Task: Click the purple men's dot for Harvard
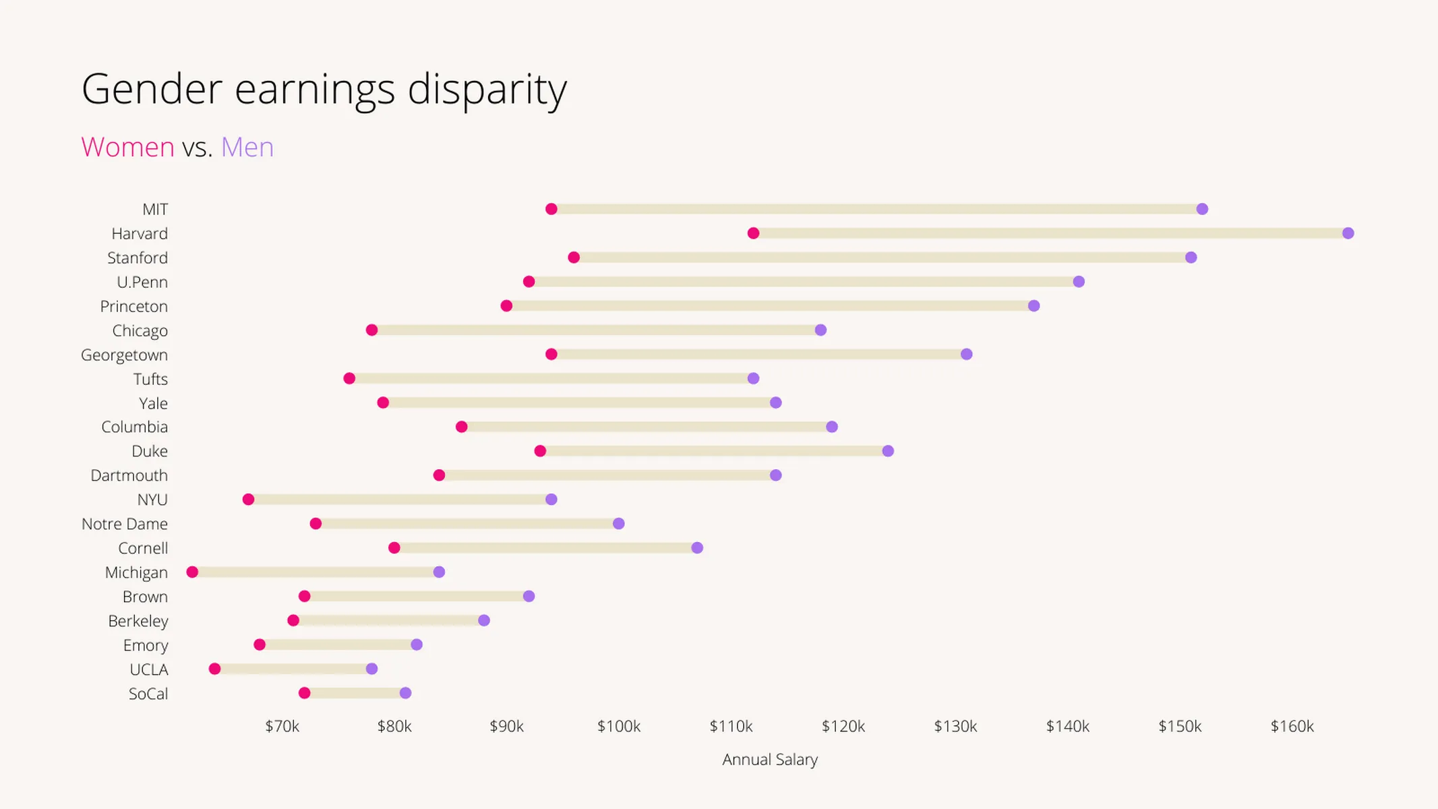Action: [x=1348, y=233]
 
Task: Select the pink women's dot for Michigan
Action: [x=192, y=572]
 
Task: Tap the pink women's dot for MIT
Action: [x=551, y=209]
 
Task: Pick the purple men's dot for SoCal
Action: [x=405, y=693]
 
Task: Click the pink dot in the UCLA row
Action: [x=214, y=669]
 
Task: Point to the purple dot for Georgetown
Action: [x=966, y=355]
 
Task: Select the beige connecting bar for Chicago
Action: [x=596, y=330]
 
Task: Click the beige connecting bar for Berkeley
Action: [x=388, y=620]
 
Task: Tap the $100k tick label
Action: [x=618, y=726]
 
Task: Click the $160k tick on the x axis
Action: [x=1292, y=726]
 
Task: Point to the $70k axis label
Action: [x=282, y=726]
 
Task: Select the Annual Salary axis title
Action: [x=769, y=759]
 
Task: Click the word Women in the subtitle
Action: [x=127, y=147]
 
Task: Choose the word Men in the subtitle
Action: [x=247, y=147]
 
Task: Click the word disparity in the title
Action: [x=487, y=89]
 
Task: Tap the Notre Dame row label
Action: [x=125, y=524]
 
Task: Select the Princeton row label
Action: [x=133, y=306]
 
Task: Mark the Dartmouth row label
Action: [x=129, y=475]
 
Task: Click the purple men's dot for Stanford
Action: [x=1191, y=258]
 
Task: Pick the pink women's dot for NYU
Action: [x=248, y=500]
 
